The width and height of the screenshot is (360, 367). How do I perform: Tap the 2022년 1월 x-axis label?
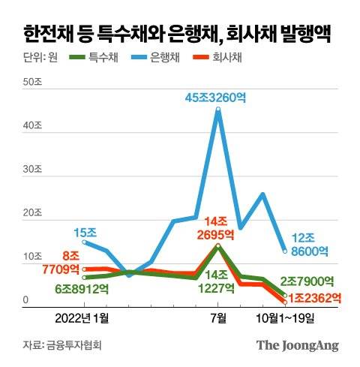click(82, 317)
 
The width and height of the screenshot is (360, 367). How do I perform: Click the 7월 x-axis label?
click(218, 317)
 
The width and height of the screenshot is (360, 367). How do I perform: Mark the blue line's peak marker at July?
click(218, 110)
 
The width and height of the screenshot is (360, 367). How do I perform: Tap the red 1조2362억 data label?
click(315, 298)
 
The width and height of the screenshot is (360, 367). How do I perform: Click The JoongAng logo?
click(298, 345)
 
